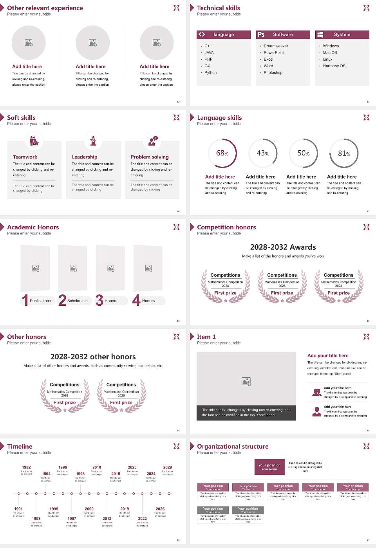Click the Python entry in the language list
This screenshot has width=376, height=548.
(210, 73)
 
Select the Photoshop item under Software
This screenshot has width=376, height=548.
(273, 73)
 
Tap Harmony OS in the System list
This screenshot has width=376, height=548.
(334, 66)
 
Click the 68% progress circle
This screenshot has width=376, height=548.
(222, 153)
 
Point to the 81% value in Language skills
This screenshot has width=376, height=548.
(344, 153)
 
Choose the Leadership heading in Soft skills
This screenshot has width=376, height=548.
(85, 157)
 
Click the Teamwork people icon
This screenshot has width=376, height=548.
(34, 141)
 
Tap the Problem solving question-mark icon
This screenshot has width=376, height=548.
(152, 141)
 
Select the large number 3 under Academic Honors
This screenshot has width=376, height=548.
(99, 300)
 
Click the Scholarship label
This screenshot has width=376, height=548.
(77, 301)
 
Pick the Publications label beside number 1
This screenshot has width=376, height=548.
(40, 301)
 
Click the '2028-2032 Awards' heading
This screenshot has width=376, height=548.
(283, 247)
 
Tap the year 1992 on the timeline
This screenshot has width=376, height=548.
(26, 467)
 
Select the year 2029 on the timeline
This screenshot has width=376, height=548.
(168, 467)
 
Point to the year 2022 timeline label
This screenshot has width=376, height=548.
(143, 519)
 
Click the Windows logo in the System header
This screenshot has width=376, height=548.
(320, 34)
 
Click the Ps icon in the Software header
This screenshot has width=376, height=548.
(261, 34)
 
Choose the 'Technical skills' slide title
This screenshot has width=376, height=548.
(218, 8)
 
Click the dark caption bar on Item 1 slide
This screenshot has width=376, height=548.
(246, 413)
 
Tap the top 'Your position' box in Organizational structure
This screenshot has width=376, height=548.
(269, 467)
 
